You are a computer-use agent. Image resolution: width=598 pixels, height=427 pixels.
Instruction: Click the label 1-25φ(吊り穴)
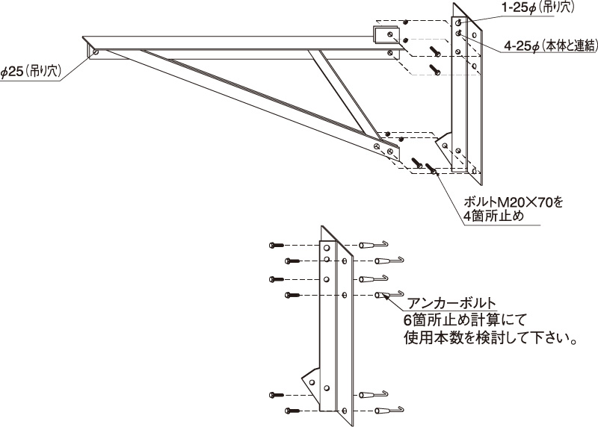click(537, 7)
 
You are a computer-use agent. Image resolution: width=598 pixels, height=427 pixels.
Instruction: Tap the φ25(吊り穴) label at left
click(31, 72)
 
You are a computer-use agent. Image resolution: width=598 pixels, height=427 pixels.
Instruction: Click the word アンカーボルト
click(452, 304)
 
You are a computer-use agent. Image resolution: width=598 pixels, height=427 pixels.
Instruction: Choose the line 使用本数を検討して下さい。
click(490, 338)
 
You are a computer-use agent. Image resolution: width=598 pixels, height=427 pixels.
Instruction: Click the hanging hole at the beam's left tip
click(95, 52)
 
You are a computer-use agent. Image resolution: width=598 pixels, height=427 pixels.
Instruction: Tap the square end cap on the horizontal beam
click(386, 34)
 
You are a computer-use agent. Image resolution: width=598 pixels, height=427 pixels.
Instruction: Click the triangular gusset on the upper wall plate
click(443, 145)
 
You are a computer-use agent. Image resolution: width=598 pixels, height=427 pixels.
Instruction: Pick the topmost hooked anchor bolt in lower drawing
click(374, 245)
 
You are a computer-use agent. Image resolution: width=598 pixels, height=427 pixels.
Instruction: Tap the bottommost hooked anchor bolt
click(389, 411)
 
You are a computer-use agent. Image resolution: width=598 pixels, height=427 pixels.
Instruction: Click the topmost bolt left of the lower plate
click(277, 245)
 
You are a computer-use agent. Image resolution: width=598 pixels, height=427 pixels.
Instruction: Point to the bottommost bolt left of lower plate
click(292, 411)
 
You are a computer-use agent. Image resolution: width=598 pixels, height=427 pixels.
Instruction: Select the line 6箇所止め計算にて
click(464, 320)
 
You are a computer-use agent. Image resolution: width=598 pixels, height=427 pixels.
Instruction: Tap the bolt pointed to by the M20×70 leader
click(432, 169)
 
